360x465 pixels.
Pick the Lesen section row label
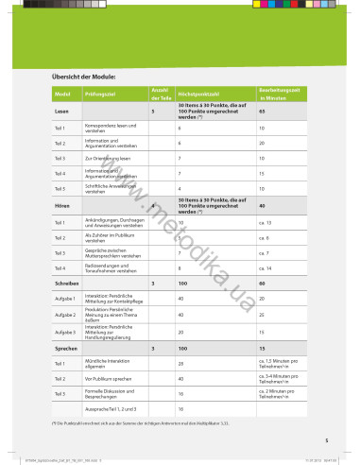tap(61, 112)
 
